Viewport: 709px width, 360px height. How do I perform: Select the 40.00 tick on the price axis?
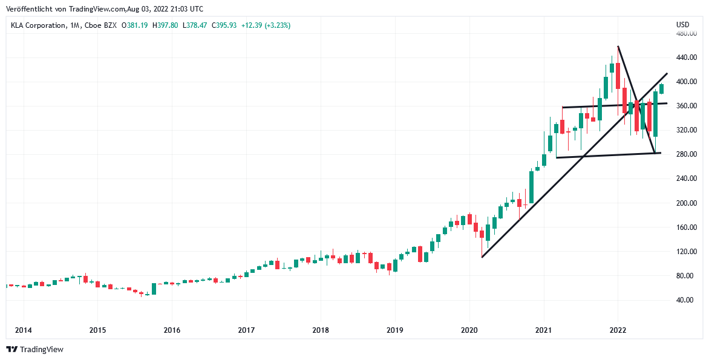point(686,300)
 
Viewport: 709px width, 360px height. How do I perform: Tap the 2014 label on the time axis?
point(23,330)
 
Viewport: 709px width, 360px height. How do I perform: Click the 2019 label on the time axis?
point(395,330)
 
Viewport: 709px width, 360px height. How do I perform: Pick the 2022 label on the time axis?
point(618,330)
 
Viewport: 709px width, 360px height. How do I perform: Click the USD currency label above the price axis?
point(682,25)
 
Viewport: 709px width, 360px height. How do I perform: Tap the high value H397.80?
point(165,25)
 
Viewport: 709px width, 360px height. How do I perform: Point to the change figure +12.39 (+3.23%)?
point(266,25)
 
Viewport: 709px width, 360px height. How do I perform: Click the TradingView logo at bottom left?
point(34,349)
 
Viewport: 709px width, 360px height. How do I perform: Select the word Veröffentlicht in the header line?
point(28,9)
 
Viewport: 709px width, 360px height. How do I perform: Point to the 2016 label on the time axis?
point(172,330)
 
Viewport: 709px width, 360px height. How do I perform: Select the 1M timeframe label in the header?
point(75,25)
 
